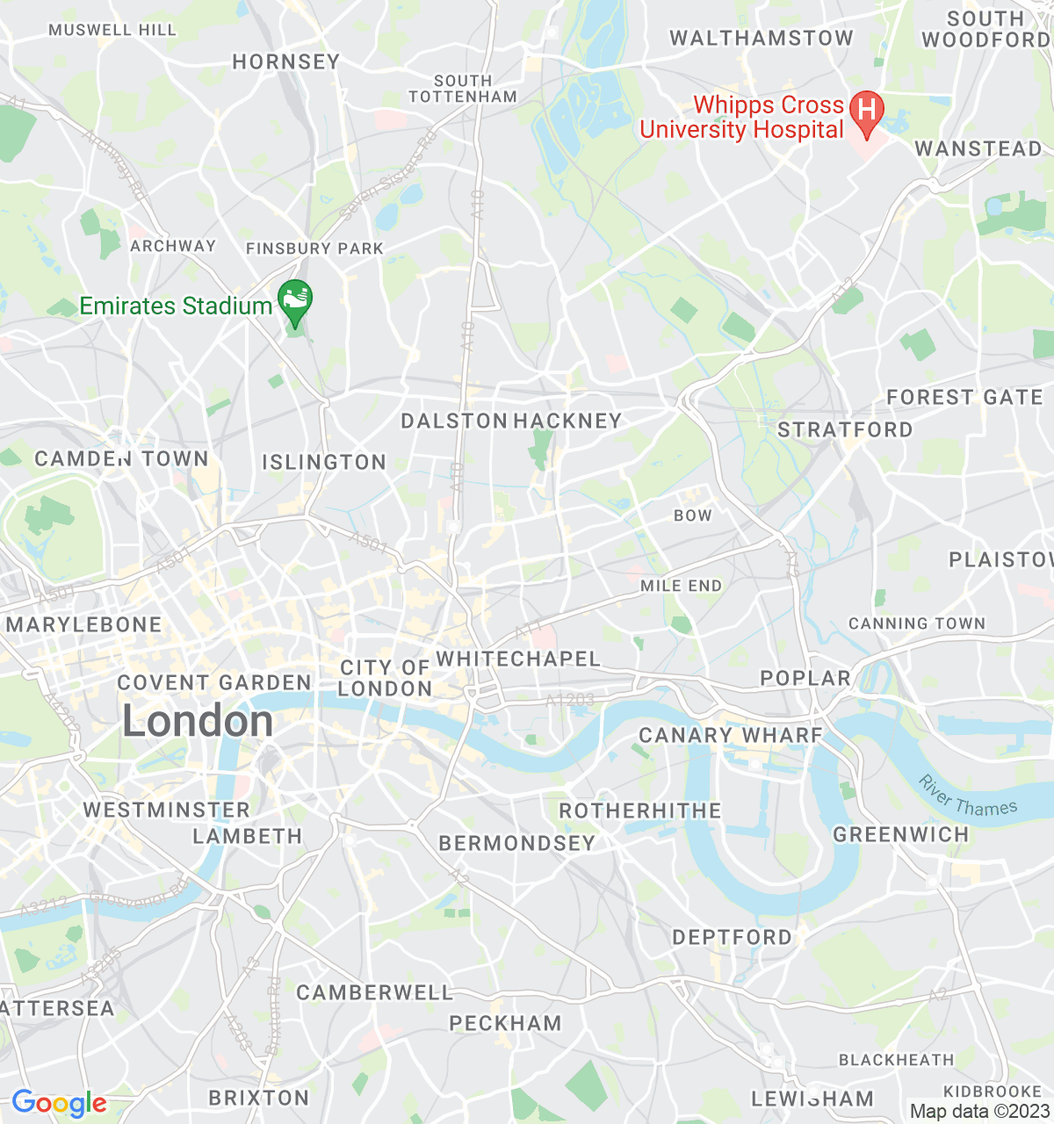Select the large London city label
[x=198, y=722]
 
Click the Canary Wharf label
[x=731, y=735]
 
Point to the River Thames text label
[x=968, y=796]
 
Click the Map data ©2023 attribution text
[x=979, y=1112]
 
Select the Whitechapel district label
[x=518, y=659]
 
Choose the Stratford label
[x=845, y=429]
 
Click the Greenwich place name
[x=900, y=834]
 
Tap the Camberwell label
[x=375, y=992]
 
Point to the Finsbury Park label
[x=314, y=249]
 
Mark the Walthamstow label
[x=762, y=38]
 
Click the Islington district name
[x=324, y=462]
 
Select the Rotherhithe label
[x=640, y=811]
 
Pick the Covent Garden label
[x=214, y=682]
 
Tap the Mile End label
[x=681, y=586]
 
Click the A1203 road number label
[x=570, y=700]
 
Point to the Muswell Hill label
[x=112, y=30]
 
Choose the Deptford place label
[x=732, y=937]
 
